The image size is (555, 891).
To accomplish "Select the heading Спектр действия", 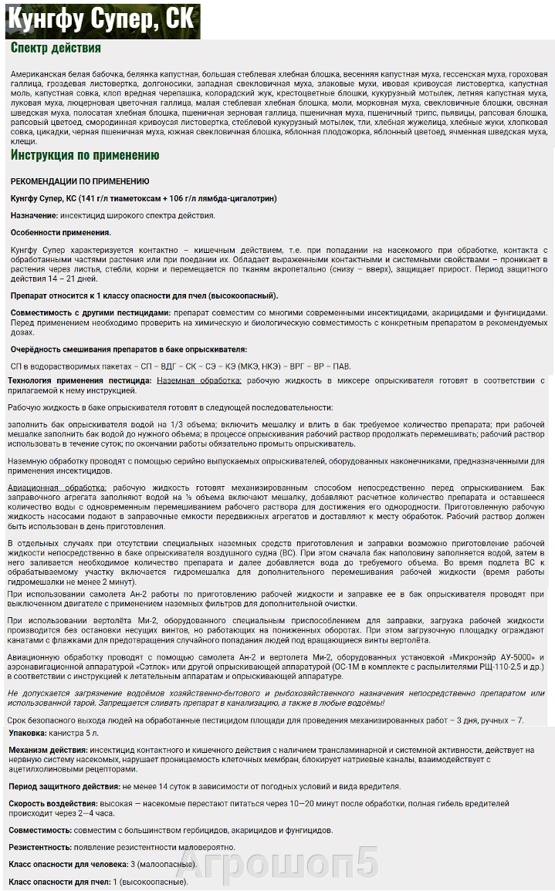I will pos(56,48).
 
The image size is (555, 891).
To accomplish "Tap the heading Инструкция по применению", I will pos(85,155).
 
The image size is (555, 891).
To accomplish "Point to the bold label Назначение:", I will pos(39,215).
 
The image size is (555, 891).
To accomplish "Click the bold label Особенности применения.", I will pos(60,232).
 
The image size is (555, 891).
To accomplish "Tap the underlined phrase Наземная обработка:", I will pos(199,380).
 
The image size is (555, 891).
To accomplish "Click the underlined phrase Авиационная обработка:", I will pos(57,488).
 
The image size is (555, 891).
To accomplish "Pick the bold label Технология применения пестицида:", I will pos(80,380).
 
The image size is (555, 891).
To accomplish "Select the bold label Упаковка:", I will pos(28,733).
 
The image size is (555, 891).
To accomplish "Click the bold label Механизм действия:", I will pos(48,750).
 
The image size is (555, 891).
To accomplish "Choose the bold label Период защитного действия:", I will pos(63,786).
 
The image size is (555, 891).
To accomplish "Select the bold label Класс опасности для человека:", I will pos(67,865).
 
